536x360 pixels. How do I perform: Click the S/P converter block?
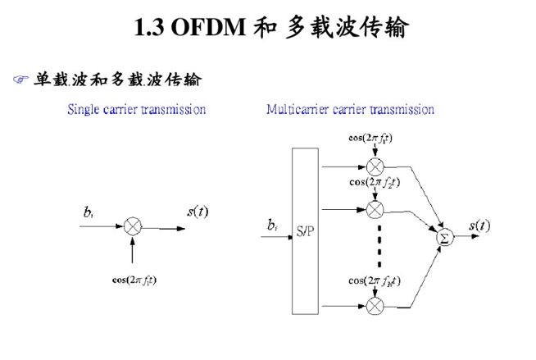pos(305,231)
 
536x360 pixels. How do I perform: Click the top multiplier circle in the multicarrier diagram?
pos(375,167)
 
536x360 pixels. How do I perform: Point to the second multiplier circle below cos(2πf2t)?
pos(375,208)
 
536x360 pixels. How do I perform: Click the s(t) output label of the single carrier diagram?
pos(197,212)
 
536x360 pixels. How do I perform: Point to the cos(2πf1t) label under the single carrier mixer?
pos(134,279)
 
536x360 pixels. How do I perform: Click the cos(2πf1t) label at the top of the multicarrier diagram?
pos(370,138)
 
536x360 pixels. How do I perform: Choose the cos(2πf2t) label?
pos(375,182)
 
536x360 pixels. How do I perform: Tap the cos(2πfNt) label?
pos(375,280)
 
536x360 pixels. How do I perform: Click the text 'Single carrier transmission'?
pos(136,109)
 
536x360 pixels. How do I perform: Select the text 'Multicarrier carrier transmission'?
pos(350,109)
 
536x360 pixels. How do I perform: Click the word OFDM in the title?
pos(209,29)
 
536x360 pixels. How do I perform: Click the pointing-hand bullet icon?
pos(20,80)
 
